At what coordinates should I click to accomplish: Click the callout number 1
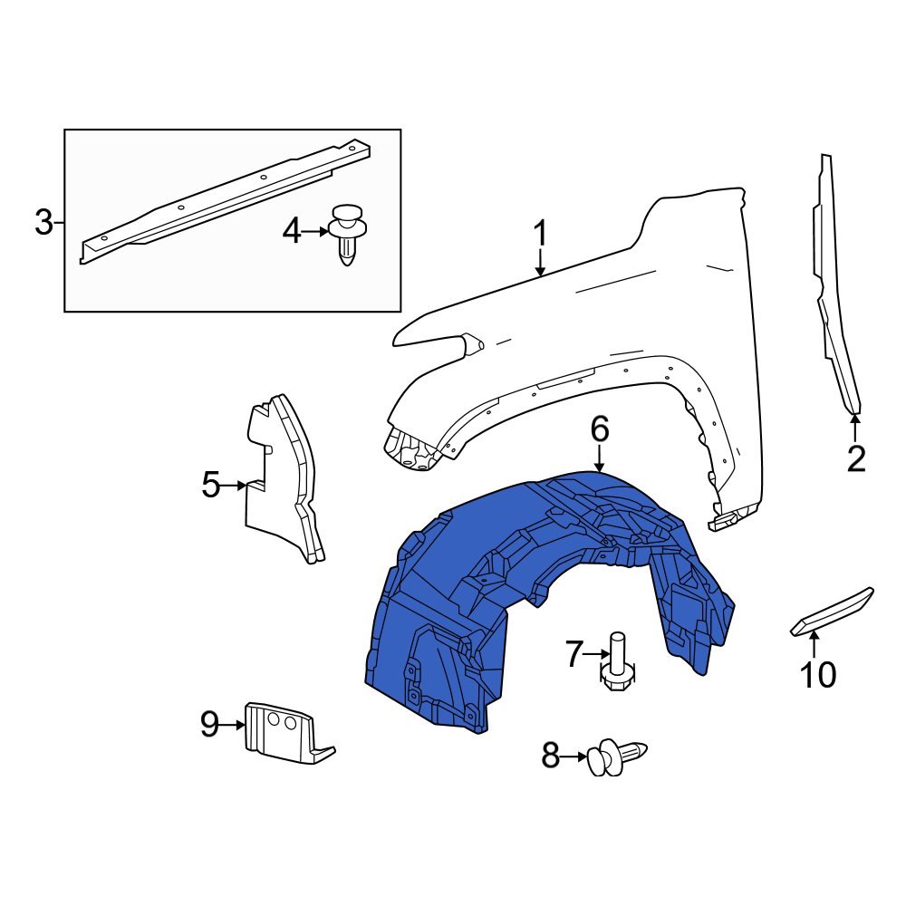tap(540, 235)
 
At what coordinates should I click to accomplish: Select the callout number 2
tap(855, 459)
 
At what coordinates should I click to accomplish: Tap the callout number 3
tap(43, 222)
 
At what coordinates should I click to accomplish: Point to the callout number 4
tap(291, 232)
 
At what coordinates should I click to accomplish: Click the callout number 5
tap(210, 486)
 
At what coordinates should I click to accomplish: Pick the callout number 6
tap(599, 429)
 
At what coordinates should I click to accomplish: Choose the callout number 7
tap(573, 654)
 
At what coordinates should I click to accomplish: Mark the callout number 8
tap(550, 756)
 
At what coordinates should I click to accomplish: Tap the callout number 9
tap(209, 725)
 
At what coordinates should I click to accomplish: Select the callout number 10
tap(816, 674)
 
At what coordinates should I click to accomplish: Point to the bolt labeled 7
tap(618, 662)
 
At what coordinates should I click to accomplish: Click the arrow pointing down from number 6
tap(599, 460)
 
